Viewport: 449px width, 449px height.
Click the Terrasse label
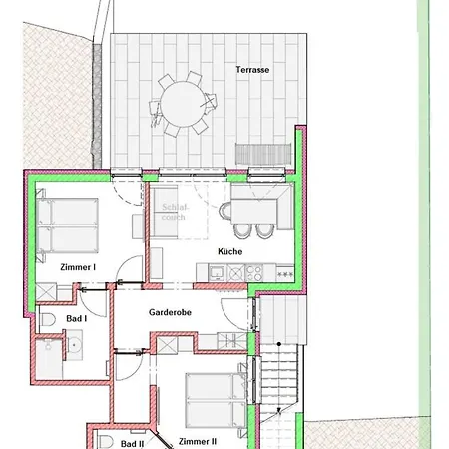[x=252, y=70]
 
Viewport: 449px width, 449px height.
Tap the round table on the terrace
[x=182, y=104]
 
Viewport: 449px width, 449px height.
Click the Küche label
[x=229, y=251]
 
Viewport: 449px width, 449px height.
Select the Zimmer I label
[x=78, y=267]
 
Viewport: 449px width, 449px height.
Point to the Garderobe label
[x=170, y=312]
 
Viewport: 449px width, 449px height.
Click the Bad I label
[x=77, y=319]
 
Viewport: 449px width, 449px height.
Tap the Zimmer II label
[x=198, y=442]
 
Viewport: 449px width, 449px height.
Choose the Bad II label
[x=132, y=444]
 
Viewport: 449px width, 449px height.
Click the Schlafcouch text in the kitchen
[x=175, y=212]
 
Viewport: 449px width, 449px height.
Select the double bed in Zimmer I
[x=68, y=225]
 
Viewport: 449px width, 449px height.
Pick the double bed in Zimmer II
[x=217, y=400]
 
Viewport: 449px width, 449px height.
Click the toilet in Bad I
[x=47, y=319]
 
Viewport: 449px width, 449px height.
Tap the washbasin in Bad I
[x=73, y=345]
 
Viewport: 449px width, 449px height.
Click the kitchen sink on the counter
[x=217, y=273]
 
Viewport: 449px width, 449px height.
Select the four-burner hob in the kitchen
[x=254, y=273]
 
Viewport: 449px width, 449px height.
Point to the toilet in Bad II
[x=105, y=442]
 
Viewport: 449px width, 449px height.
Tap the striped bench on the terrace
[x=263, y=154]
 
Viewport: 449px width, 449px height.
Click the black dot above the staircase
[x=279, y=344]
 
